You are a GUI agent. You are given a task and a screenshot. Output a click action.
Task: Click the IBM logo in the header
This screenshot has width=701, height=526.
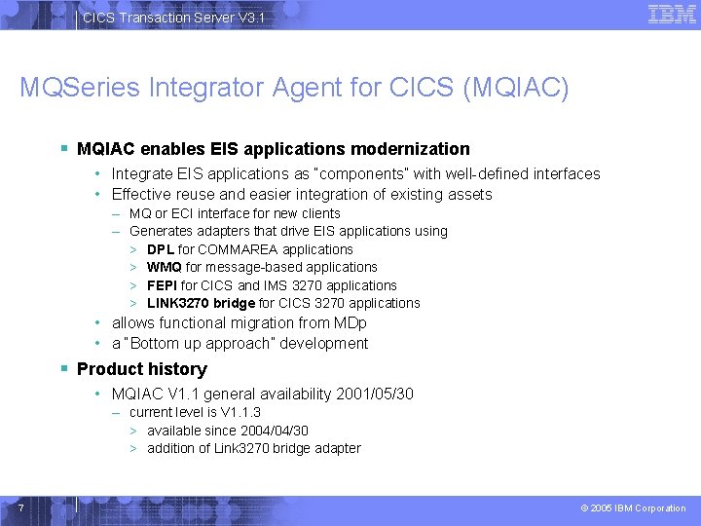pyautogui.click(x=672, y=14)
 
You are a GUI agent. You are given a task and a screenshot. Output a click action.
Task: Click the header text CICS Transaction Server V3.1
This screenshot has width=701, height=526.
pyautogui.click(x=172, y=18)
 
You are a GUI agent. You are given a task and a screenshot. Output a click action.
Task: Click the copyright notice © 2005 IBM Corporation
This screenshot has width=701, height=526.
pyautogui.click(x=633, y=508)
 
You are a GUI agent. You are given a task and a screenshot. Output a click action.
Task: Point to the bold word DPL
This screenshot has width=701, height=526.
pyautogui.click(x=161, y=249)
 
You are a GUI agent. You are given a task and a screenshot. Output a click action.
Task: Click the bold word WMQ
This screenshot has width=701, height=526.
pyautogui.click(x=164, y=267)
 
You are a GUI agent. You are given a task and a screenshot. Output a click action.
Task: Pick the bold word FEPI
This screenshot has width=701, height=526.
pyautogui.click(x=162, y=285)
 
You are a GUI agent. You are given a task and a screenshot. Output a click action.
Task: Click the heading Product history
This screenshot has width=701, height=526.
pyautogui.click(x=141, y=369)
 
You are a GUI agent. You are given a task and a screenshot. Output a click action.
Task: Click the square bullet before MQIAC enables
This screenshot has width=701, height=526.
pyautogui.click(x=63, y=149)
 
